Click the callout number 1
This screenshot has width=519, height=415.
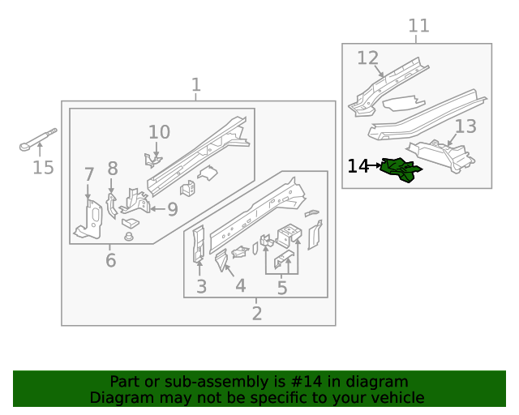195,85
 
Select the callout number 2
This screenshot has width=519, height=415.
256,314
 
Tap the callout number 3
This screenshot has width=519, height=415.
201,286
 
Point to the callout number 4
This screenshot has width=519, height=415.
240,286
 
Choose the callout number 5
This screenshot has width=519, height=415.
282,288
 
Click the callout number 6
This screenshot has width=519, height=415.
110,261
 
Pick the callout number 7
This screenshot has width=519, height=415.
89,174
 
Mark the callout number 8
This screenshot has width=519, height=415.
112,169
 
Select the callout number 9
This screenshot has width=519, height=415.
172,210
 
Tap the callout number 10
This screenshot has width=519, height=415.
159,132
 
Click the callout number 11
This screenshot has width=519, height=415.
418,26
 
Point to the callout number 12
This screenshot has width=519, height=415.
368,58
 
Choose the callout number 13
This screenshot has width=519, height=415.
465,126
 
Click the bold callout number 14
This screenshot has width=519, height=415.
358,166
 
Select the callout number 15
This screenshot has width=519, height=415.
43,168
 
